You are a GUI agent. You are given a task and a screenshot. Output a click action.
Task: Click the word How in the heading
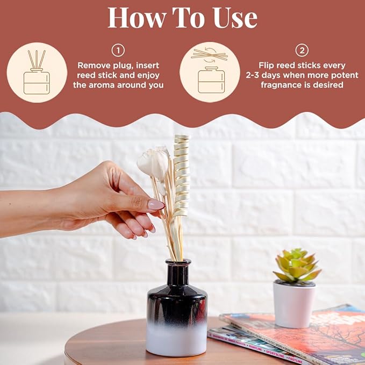pos(134,18)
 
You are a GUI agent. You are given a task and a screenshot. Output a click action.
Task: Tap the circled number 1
pos(118,51)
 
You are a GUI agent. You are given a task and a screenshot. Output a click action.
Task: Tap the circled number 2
pos(302,51)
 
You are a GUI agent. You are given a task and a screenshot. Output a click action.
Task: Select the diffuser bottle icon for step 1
pos(37,73)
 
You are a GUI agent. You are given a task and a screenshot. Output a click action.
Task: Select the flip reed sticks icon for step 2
pos(210,73)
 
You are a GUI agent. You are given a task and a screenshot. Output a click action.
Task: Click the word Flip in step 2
pos(269,65)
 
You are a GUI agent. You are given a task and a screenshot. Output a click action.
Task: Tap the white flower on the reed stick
pos(153,162)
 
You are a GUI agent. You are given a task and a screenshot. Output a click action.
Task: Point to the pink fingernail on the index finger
pos(156,204)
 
